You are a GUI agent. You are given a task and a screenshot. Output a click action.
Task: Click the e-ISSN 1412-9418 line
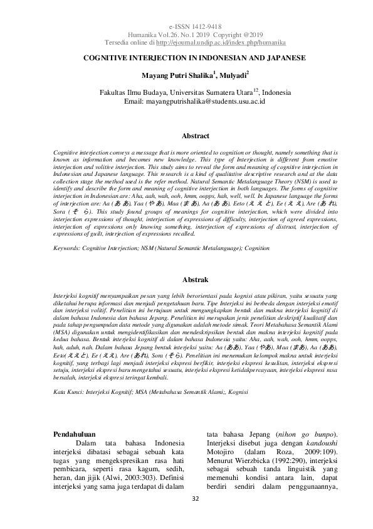coord(186,28)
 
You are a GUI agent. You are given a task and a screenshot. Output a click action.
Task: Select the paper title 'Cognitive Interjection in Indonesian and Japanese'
coord(186,57)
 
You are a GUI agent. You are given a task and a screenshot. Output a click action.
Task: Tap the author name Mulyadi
coord(234,75)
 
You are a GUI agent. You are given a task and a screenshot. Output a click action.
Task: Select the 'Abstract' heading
coord(195,136)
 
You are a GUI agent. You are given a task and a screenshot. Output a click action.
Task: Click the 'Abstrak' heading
coord(195,278)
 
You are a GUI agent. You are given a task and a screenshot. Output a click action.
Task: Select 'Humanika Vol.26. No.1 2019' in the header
coord(162,35)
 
